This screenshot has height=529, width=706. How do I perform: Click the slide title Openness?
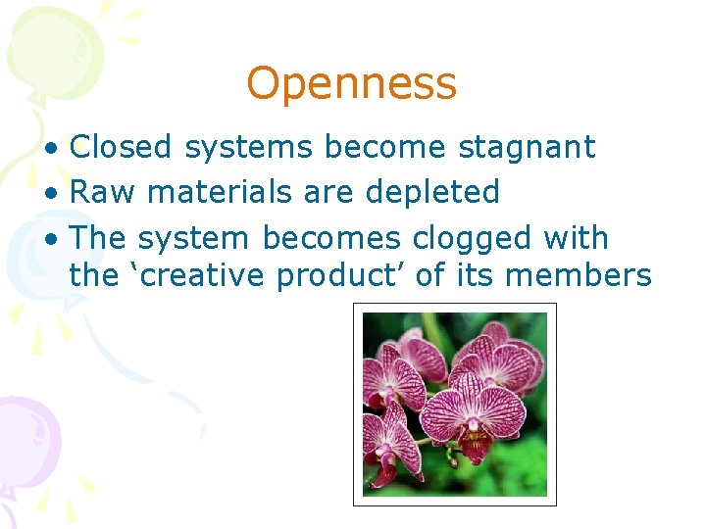point(351,84)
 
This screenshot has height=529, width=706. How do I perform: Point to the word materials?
point(209,192)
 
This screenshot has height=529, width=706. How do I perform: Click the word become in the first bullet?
point(385,147)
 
